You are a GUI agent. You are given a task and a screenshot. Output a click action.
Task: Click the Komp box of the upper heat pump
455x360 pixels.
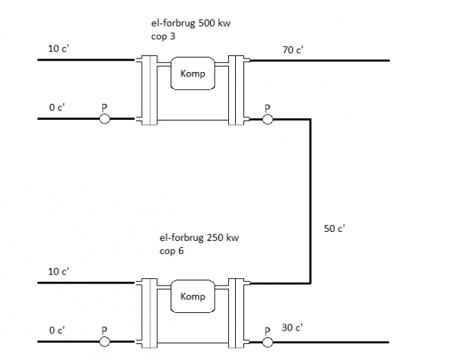pos(193,74)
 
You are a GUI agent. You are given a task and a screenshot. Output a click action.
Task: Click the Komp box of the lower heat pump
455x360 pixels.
pos(193,296)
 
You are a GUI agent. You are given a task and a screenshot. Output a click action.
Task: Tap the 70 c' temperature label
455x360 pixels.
pos(293,50)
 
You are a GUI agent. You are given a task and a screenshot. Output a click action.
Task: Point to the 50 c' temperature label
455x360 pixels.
pos(334,229)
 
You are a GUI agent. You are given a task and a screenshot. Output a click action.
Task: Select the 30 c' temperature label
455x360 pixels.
pos(292,327)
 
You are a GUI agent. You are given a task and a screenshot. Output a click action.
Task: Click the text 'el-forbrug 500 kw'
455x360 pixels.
pos(190,23)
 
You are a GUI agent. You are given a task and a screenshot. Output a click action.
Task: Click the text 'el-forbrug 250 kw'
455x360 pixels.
pos(199,238)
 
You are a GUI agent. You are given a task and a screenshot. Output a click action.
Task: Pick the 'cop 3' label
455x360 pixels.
pos(163,36)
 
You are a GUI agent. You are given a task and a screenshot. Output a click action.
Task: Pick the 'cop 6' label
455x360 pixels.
pos(171,251)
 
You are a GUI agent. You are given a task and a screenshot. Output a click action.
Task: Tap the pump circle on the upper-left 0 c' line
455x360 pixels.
pos(105,119)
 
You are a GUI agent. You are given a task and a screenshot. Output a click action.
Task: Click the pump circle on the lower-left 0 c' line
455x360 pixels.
pos(105,342)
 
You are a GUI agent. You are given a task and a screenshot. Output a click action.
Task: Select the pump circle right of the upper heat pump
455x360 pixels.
pos(268,119)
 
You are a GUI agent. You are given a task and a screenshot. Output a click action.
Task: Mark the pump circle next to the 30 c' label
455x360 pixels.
pos(268,343)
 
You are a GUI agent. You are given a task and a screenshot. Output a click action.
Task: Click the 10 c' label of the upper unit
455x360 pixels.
pos(58,49)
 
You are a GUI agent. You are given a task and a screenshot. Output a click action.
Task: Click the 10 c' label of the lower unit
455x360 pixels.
pos(58,272)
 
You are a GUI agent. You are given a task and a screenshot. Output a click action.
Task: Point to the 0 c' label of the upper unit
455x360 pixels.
pos(57,108)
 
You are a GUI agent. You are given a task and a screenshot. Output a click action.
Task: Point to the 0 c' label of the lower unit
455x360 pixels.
pos(57,330)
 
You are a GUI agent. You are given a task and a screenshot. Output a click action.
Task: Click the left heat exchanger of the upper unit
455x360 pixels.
pos(149,90)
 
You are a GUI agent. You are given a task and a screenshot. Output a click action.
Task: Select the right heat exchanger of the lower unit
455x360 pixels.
pos(236,313)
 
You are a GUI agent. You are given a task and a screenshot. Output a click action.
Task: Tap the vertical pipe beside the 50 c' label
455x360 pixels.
pos(310,201)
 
